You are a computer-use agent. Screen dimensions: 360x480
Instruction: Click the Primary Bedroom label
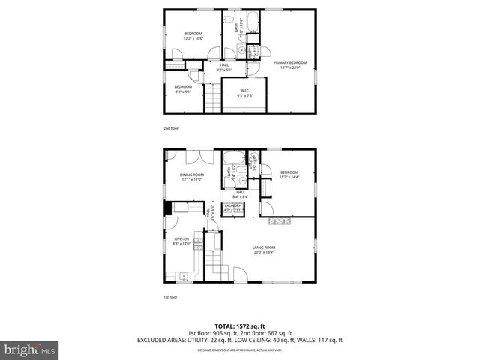pos(289,62)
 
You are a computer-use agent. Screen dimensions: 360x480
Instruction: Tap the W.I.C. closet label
pos(244,92)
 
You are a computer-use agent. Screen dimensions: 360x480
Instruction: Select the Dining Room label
pos(192,175)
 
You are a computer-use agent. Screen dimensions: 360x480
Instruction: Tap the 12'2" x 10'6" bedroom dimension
pos(194,39)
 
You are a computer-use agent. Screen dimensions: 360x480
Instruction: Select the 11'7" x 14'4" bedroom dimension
pos(289,177)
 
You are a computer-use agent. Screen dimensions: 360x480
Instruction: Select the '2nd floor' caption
pos(171,128)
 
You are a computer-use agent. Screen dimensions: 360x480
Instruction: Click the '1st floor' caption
pos(171,297)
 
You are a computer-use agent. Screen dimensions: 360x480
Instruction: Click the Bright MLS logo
pos(29,349)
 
